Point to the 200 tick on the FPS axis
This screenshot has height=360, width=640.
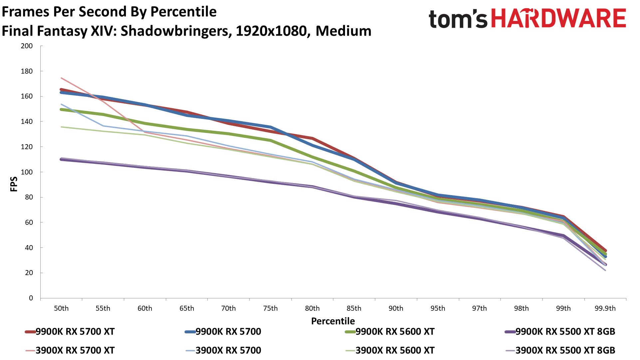point(27,46)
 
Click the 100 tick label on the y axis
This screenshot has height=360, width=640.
point(27,172)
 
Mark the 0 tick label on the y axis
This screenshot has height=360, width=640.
point(31,298)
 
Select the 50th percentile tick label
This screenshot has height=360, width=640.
point(61,308)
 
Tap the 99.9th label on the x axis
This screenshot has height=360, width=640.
point(605,308)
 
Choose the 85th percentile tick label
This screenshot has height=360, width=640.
point(354,308)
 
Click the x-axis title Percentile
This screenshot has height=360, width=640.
point(333,321)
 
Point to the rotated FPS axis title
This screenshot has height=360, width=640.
point(14,184)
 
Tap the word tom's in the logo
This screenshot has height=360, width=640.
point(458,19)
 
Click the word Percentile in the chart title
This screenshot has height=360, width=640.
point(183,12)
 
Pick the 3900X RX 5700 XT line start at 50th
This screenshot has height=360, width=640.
point(62,78)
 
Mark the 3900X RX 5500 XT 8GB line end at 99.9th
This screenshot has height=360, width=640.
point(605,270)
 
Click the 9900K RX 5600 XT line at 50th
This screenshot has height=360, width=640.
point(62,109)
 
